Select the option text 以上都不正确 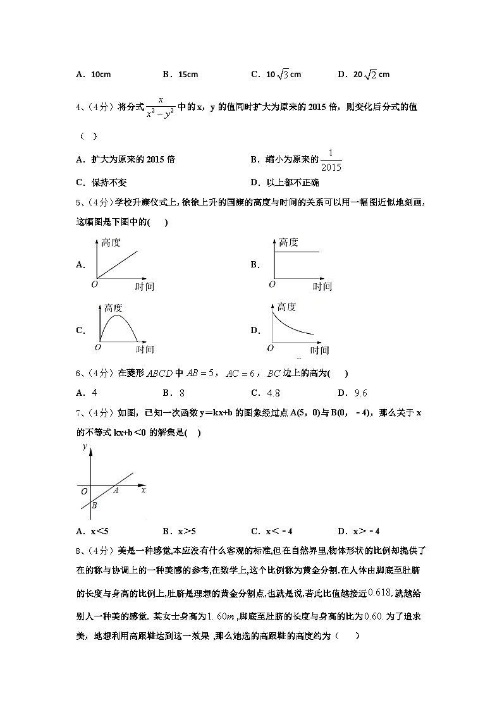(289, 183)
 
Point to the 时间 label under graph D (319, 350)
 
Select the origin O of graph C (97, 347)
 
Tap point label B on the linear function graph (94, 505)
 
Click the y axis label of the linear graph (84, 447)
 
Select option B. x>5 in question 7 (179, 530)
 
